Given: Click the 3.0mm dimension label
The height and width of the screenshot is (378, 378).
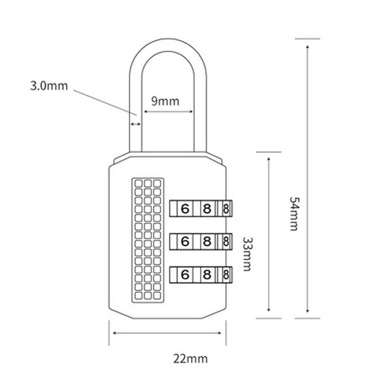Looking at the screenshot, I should point(49,86).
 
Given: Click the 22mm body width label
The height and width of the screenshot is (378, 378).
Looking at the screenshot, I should point(190,359).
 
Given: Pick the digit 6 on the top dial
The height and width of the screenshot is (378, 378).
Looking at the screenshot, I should point(185,208).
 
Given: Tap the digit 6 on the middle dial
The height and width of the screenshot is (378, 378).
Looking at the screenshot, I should point(185,241).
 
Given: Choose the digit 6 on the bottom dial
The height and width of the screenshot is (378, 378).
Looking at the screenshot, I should point(185,274).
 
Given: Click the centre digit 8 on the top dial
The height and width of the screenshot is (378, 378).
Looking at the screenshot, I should point(207,208).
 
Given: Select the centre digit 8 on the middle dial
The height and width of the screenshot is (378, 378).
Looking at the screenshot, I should point(207,241).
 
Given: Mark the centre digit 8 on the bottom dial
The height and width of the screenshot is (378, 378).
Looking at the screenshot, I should point(207,274).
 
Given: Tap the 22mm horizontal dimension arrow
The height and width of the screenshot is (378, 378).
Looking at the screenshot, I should point(168,333).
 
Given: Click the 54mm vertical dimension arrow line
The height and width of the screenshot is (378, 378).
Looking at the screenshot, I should point(308,180).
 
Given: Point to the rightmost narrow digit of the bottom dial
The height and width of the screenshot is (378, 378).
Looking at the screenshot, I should point(226,274).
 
